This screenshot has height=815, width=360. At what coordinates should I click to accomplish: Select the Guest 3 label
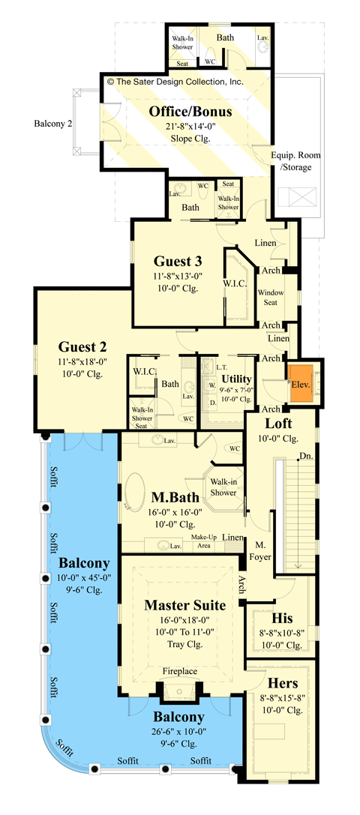178,262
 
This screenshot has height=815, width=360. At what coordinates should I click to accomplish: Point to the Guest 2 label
82,347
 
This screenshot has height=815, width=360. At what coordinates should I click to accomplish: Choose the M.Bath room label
175,497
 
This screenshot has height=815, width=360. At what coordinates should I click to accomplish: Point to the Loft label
278,423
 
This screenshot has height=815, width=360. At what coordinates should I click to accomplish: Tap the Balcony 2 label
53,123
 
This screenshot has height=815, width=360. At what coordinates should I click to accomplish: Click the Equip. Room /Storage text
293,161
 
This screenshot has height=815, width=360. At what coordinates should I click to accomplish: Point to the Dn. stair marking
305,456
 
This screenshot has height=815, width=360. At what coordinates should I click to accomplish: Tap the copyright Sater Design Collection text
175,82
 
